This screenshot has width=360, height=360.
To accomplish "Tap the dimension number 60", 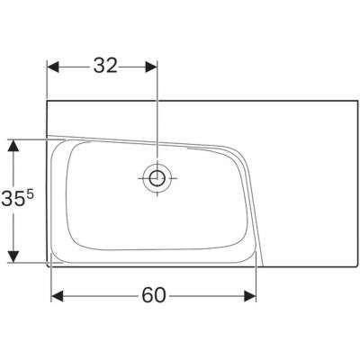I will click(155, 295).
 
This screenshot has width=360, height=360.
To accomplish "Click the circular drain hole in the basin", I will click(157, 177).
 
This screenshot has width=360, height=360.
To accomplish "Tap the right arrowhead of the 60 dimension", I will click(254, 295).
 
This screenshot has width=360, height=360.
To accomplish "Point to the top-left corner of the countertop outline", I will click(48, 101).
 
